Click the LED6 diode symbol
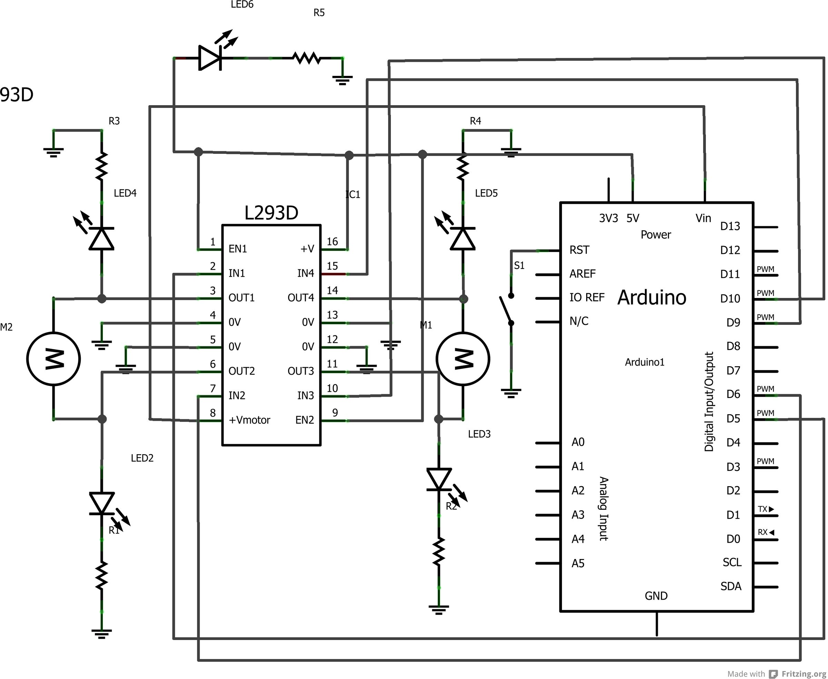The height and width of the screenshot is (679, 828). [210, 58]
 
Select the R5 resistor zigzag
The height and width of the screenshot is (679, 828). [307, 58]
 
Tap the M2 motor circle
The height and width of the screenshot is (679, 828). [53, 359]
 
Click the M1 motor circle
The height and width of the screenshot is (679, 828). [463, 359]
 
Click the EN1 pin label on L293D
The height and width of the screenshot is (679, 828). [237, 249]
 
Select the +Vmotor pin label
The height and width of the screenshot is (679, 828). [249, 420]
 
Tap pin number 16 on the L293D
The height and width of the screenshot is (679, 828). [332, 242]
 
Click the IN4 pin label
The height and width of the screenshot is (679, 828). [306, 273]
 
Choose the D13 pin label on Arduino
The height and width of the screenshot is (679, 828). [730, 227]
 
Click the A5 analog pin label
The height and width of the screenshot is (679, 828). [578, 563]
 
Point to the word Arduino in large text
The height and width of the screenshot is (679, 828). [652, 298]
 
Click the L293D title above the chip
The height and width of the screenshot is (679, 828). [271, 213]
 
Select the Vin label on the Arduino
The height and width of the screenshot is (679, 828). [703, 218]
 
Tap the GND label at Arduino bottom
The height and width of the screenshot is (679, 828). [656, 596]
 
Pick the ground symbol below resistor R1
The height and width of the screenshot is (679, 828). [101, 633]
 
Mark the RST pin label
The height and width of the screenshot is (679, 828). [579, 250]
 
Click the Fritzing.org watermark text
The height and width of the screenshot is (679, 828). [804, 674]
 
